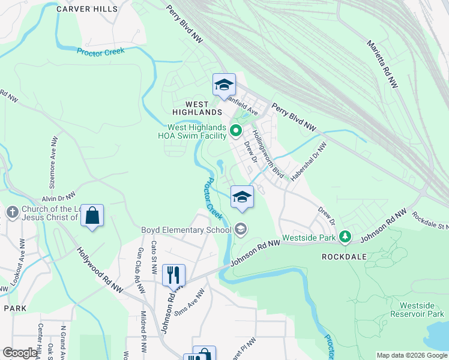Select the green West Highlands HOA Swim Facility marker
click(235, 130)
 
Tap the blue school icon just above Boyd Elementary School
click(242, 197)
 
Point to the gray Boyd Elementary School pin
click(240, 229)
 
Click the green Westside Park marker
click(345, 237)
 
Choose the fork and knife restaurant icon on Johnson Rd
click(173, 275)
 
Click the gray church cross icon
click(12, 212)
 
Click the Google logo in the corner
click(20, 353)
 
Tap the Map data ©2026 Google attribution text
click(411, 355)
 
